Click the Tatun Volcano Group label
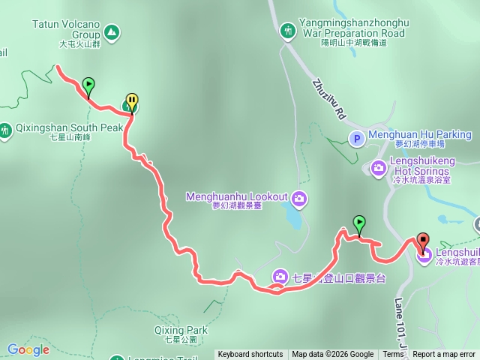point(66,28)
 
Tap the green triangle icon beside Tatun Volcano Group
point(111,32)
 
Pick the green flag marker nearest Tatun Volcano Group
point(88,85)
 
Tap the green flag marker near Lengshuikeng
point(360,223)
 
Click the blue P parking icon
point(357,137)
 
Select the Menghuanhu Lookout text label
point(236,196)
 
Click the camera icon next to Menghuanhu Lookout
point(298,198)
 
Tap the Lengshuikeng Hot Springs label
point(421,166)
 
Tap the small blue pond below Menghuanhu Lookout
point(294,217)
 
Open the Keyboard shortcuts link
point(250,355)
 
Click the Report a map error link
point(444,355)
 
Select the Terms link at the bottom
point(393,355)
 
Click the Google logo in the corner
point(28,349)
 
